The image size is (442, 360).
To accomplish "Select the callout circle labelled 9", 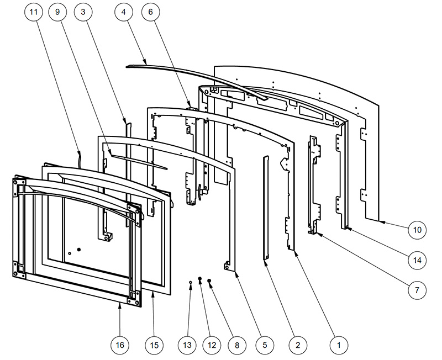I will click(x=57, y=12).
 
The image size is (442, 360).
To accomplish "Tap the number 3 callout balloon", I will click(x=82, y=12).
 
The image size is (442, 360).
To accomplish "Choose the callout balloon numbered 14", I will click(x=417, y=259).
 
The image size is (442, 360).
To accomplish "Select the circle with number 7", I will click(x=417, y=289).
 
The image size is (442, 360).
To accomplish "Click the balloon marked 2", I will click(x=297, y=345).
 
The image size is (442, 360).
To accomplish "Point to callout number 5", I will click(x=264, y=345).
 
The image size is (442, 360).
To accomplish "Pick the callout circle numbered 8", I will click(x=236, y=345).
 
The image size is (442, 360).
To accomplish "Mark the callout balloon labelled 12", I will click(x=212, y=345).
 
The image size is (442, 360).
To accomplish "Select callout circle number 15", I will click(x=154, y=345).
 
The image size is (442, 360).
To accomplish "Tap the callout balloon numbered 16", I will click(x=120, y=345).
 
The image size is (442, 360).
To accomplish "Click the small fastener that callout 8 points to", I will click(x=209, y=280).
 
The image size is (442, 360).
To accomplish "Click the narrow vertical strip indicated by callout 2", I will click(x=265, y=207).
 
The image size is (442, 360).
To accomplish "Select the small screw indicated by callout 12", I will click(x=200, y=280).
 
